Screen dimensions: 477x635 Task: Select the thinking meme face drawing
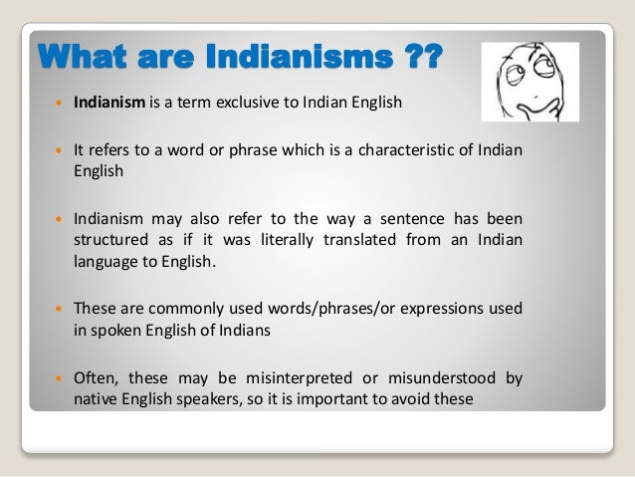(529, 82)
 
